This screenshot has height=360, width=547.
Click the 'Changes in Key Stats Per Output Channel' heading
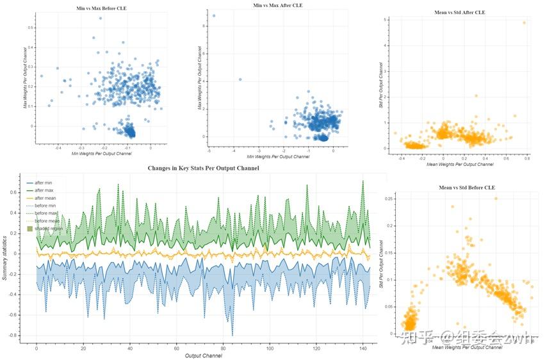point(204,168)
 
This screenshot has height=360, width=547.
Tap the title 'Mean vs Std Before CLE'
point(459,187)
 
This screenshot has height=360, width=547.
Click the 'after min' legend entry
point(44,183)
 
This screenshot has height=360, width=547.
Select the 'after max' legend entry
point(44,190)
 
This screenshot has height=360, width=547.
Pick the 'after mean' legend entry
point(45,198)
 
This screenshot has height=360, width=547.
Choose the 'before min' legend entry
point(45,206)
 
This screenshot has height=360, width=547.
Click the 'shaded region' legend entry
point(49,228)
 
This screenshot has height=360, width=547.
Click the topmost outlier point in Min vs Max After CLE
point(214,16)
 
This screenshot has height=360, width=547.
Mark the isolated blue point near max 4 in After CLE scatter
point(240,79)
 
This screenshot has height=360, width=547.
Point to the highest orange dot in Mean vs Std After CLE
point(524,22)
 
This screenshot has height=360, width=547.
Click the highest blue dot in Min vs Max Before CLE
point(101,18)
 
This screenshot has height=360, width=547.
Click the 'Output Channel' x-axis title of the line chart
point(203,356)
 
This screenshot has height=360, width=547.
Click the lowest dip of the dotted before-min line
point(233,335)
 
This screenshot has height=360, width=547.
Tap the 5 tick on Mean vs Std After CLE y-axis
point(386,20)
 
